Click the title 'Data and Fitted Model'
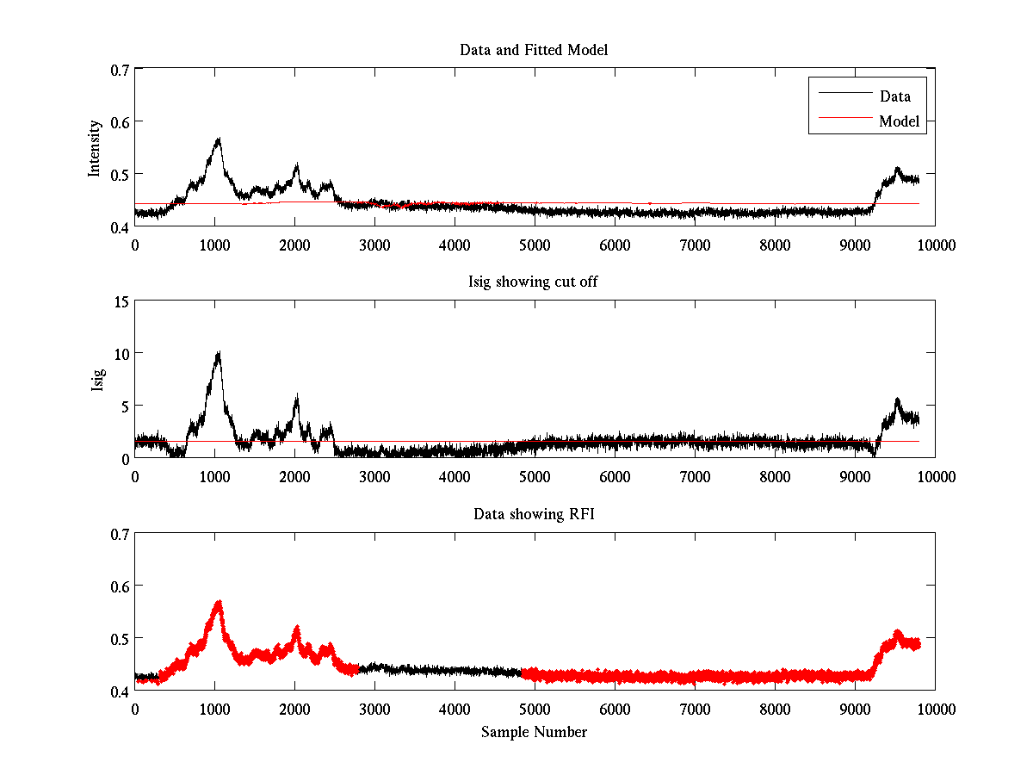coord(534,50)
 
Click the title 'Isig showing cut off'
coord(534,282)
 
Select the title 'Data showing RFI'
coord(534,514)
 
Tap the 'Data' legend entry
coord(894,96)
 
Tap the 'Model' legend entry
coord(899,121)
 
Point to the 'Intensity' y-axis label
coord(96,148)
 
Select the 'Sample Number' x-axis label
coord(534,732)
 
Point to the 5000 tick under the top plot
coord(535,245)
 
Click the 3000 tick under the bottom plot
coord(374,709)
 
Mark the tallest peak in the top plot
coord(219,139)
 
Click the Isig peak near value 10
coord(219,353)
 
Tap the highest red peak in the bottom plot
coord(219,602)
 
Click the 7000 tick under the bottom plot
coord(695,709)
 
